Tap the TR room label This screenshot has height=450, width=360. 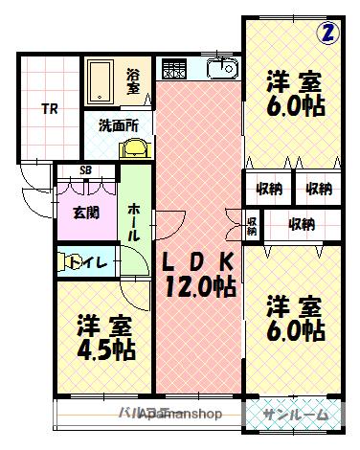coord(48,108)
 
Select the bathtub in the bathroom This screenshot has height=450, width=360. coord(100,80)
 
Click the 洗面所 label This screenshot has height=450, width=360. coord(119,124)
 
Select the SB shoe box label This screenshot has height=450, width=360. coord(85,171)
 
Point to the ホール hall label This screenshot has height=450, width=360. coord(135,221)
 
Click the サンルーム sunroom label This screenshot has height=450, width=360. coord(295,415)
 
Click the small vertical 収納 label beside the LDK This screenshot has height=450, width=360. coord(253,226)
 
